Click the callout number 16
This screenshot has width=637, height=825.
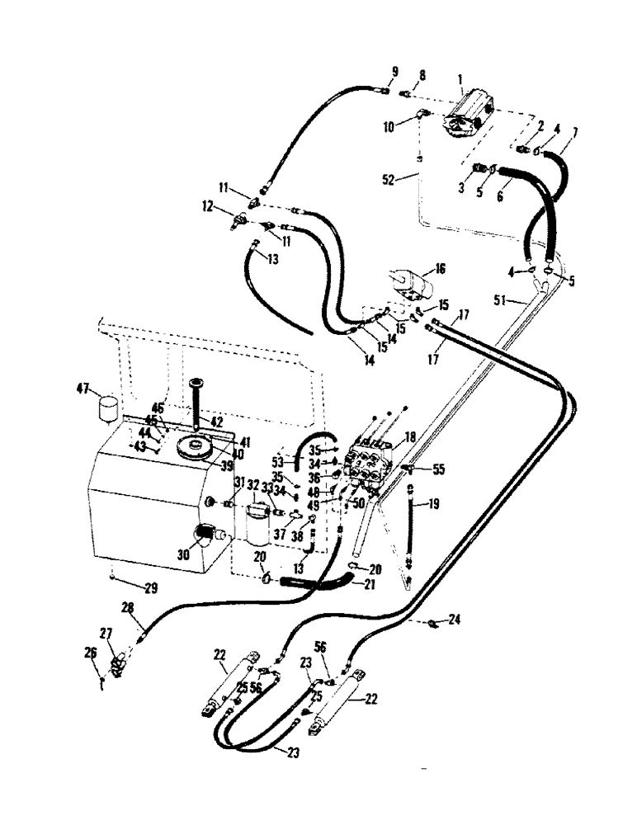[x=440, y=269]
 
